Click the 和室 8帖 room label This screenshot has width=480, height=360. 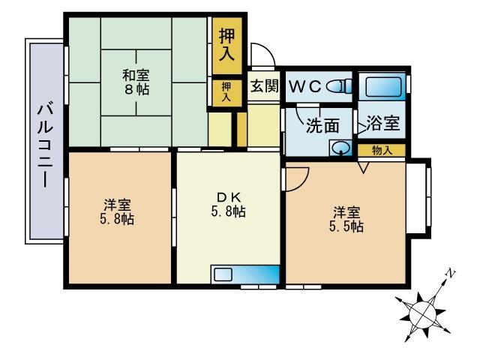pyautogui.click(x=136, y=81)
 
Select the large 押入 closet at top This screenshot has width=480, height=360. pyautogui.click(x=226, y=44)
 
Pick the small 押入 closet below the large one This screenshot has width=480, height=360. pyautogui.click(x=226, y=92)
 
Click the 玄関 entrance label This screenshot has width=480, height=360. pyautogui.click(x=263, y=86)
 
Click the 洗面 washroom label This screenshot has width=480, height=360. pyautogui.click(x=322, y=126)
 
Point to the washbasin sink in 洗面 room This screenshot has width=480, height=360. pyautogui.click(x=341, y=148)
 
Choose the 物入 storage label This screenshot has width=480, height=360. pyautogui.click(x=382, y=150)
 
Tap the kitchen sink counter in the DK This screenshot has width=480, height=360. pyautogui.click(x=244, y=273)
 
